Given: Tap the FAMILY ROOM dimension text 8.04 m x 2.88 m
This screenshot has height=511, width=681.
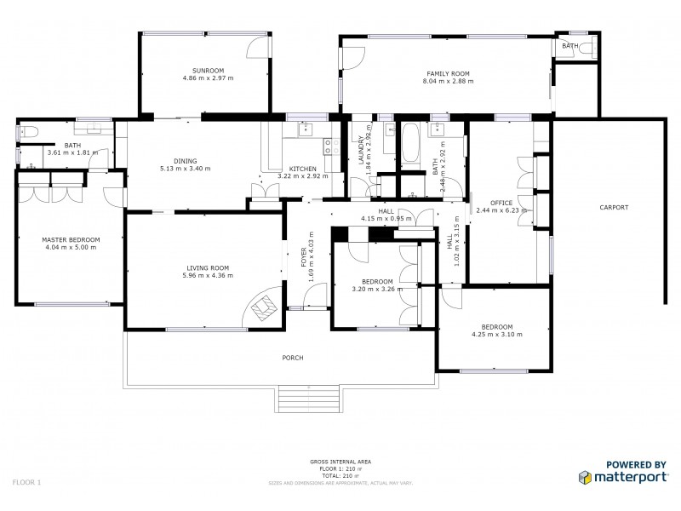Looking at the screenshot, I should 448,81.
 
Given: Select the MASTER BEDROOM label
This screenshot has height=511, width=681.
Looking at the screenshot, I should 71,240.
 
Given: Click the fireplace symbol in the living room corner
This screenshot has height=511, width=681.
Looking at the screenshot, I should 266,306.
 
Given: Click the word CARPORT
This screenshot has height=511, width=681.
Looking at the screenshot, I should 613,207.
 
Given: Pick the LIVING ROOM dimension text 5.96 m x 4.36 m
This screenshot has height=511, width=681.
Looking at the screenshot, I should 209,275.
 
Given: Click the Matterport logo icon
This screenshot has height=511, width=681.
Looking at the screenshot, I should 587,477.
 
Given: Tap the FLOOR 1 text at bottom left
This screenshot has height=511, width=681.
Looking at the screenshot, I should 27,482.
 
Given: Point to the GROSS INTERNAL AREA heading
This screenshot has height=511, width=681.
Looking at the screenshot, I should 340,462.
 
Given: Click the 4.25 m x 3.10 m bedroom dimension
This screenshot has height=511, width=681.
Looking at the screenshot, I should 496,335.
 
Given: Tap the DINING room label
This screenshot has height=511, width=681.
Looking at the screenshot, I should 185,161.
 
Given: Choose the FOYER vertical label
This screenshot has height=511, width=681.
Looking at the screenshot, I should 304,261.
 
